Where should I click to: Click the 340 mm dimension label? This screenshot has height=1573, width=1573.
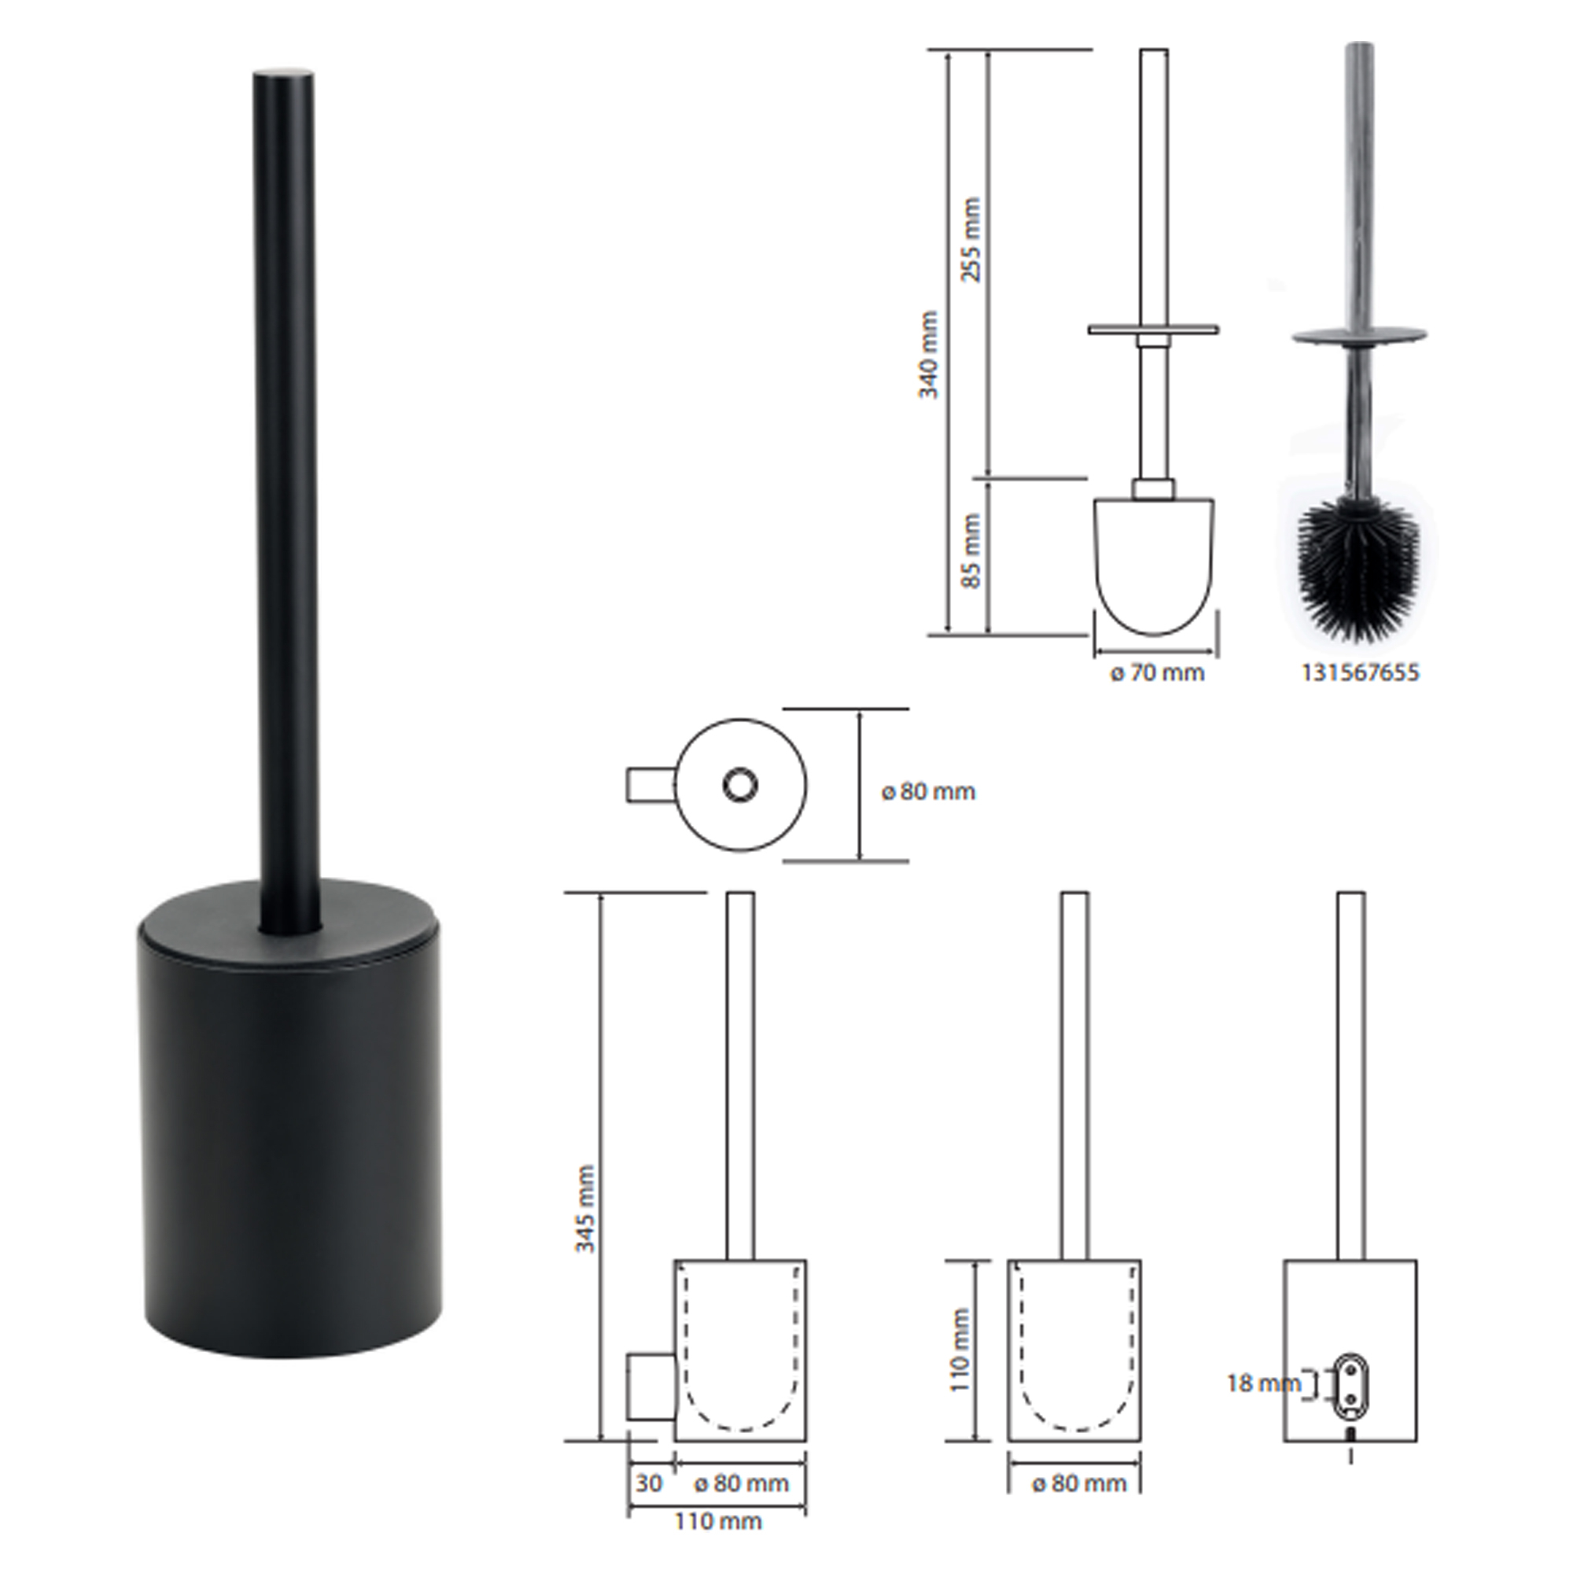929,354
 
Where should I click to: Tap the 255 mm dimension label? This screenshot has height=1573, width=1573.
971,239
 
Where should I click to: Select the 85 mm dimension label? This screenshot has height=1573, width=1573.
971,551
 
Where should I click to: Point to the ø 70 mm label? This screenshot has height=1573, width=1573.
1157,673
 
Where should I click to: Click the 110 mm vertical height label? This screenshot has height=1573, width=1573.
961,1350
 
